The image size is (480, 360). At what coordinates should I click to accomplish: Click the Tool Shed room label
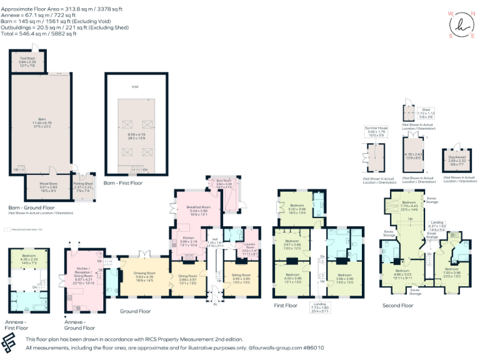(x=26, y=61)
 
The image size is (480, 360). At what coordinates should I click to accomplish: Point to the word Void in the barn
(x=134, y=87)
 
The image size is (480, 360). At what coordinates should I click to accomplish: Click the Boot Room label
(x=224, y=184)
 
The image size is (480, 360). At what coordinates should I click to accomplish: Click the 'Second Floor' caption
(x=398, y=306)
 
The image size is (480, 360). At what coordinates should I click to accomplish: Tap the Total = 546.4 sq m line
(x=39, y=34)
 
